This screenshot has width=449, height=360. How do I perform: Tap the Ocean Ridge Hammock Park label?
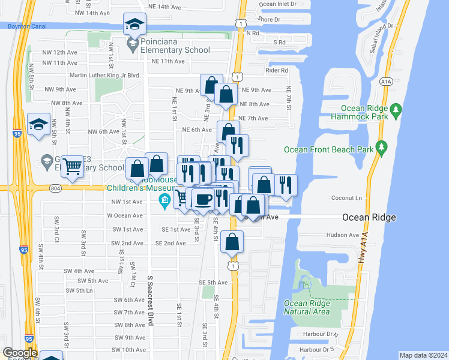pyautogui.click(x=366, y=112)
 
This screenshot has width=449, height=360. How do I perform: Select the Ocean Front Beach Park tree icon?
pyautogui.click(x=381, y=147)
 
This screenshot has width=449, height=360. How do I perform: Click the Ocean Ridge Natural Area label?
pyautogui.click(x=307, y=307)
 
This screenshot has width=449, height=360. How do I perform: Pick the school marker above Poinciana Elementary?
pyautogui.click(x=134, y=25)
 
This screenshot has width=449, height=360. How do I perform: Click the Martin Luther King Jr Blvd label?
pyautogui.click(x=104, y=75)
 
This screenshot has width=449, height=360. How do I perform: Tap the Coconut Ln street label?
pyautogui.click(x=347, y=197)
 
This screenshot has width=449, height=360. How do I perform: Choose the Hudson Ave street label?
pyautogui.click(x=342, y=235)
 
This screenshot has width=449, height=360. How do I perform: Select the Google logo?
pyautogui.click(x=19, y=352)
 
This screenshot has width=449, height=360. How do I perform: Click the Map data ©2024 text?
pyautogui.click(x=423, y=355)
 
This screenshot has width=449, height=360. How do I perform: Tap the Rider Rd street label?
pyautogui.click(x=277, y=70)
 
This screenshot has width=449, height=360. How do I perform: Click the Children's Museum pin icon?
pyautogui.click(x=162, y=200)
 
